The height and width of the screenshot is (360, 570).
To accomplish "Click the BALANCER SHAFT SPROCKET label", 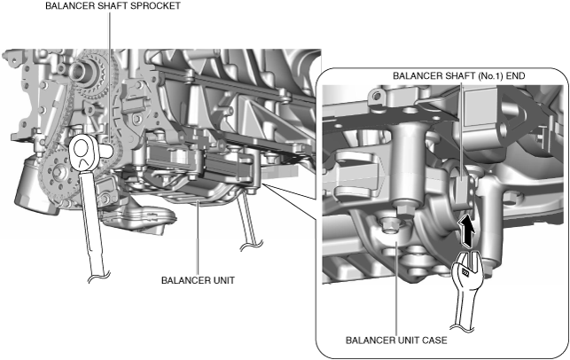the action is pos(113,6).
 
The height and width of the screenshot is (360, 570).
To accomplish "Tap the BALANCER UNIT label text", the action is pos(198,280).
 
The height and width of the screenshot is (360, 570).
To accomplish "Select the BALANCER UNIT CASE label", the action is pos(396,340).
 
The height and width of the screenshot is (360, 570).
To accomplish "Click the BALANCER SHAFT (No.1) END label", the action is pos(459,76).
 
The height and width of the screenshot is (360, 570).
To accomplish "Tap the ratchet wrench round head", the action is pos(82,153).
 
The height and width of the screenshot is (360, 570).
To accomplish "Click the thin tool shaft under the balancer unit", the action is pos(248,218).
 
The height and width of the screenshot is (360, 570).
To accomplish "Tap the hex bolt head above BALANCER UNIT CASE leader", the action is pos(390,225).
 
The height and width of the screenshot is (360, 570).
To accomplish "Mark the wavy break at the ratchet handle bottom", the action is pos(99,277).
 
